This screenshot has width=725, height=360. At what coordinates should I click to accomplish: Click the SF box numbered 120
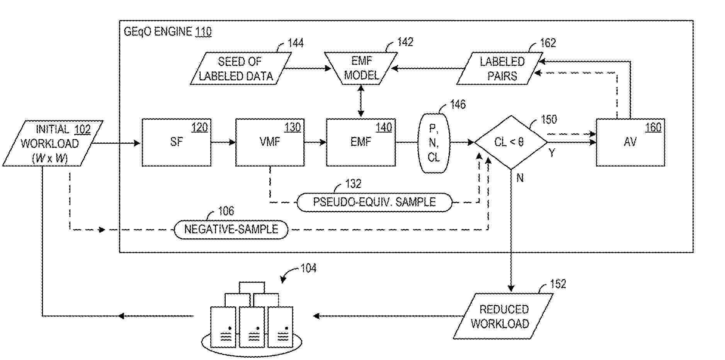pyautogui.click(x=176, y=143)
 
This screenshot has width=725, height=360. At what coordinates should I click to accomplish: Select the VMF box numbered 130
pyautogui.click(x=270, y=143)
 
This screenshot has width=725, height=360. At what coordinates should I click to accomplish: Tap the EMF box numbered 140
pyautogui.click(x=361, y=143)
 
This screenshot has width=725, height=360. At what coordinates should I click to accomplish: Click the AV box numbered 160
pyautogui.click(x=630, y=143)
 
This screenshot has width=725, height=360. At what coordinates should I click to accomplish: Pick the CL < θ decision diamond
pyautogui.click(x=511, y=143)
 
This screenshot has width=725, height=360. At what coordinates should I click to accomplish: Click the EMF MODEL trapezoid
pyautogui.click(x=361, y=68)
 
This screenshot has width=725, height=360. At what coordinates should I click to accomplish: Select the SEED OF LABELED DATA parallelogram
pyautogui.click(x=240, y=69)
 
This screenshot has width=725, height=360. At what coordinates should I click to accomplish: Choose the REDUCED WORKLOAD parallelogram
pyautogui.click(x=502, y=316)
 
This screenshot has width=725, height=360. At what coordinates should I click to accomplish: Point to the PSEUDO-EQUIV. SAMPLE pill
pyautogui.click(x=374, y=202)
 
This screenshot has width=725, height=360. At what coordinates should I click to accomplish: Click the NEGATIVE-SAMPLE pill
pyautogui.click(x=231, y=229)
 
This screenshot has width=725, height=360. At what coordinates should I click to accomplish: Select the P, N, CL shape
pyautogui.click(x=434, y=143)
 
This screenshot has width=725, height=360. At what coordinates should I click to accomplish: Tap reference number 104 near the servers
pyautogui.click(x=308, y=268)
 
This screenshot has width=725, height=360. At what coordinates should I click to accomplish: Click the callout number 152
pyautogui.click(x=558, y=284)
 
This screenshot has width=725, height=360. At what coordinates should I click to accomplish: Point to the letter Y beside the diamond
pyautogui.click(x=552, y=153)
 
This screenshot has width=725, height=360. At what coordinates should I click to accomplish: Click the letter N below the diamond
pyautogui.click(x=520, y=178)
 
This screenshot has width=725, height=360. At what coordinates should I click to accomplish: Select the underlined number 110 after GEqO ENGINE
pyautogui.click(x=203, y=32)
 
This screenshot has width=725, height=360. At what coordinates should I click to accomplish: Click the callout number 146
pyautogui.click(x=458, y=105)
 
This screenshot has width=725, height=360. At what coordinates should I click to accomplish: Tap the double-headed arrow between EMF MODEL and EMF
pyautogui.click(x=361, y=101)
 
